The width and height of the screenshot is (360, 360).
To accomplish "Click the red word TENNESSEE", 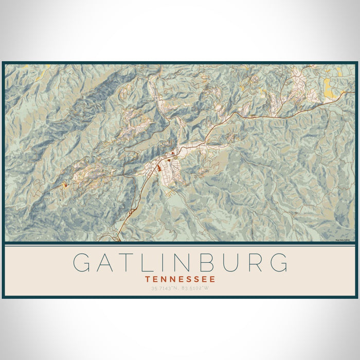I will (x=180, y=279).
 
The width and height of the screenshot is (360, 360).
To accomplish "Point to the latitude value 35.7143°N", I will (x=165, y=288).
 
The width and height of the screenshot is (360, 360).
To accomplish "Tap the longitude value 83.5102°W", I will (x=197, y=288).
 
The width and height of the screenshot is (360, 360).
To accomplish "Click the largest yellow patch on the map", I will (x=329, y=88).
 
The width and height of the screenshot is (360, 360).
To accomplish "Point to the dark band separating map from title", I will (x=180, y=244).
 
